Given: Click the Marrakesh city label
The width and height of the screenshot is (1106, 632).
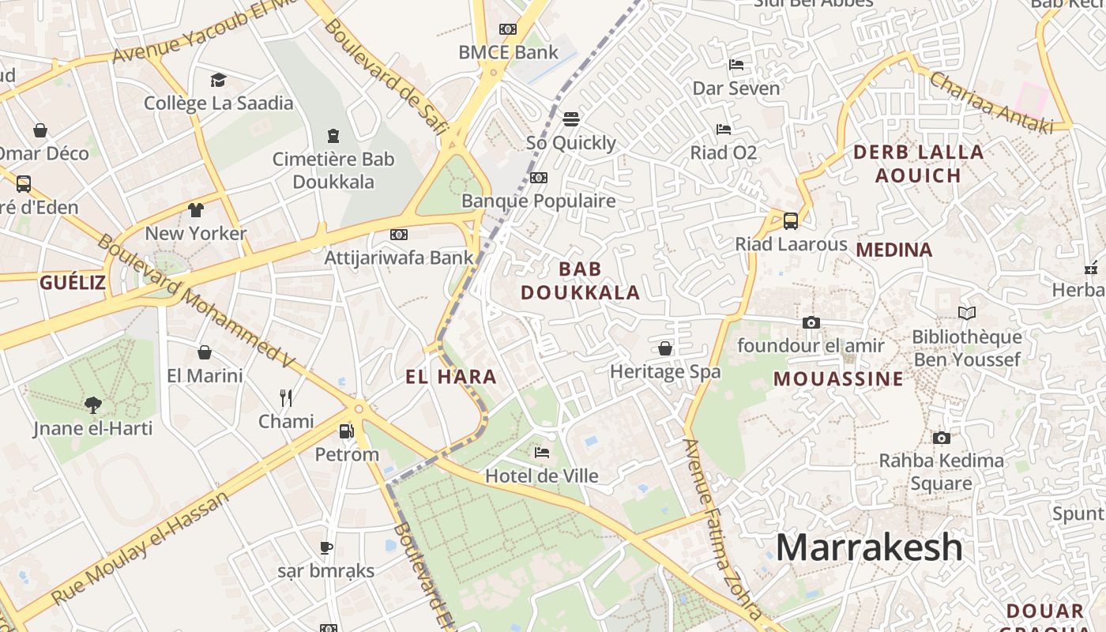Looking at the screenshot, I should click(x=869, y=547).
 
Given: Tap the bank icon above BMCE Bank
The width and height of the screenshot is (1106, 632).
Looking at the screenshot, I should click(x=508, y=29).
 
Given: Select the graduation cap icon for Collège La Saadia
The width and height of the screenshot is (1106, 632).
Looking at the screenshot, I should click(x=218, y=80).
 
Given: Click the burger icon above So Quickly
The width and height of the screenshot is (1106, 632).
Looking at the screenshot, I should click(x=571, y=119).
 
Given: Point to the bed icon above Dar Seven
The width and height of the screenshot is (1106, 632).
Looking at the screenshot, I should click(x=736, y=65).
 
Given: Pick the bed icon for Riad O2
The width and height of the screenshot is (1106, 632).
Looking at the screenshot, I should click(x=723, y=130).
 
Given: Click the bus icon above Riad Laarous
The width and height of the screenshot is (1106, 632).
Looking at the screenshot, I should click(x=790, y=220).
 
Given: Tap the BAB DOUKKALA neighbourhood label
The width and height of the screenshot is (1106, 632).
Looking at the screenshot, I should click(x=580, y=280).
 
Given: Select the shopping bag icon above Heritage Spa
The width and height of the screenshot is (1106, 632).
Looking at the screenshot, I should click(x=665, y=348).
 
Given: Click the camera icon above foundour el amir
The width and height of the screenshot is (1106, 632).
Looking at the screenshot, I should click(x=811, y=322).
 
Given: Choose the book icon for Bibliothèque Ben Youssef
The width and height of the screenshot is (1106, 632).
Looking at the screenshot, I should click(x=966, y=314).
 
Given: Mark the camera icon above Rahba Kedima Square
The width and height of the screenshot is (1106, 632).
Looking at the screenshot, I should click(x=941, y=438).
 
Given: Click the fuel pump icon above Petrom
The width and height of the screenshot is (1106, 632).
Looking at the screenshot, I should click(x=346, y=431).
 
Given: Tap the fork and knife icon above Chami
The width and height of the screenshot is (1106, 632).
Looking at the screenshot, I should click(x=286, y=397).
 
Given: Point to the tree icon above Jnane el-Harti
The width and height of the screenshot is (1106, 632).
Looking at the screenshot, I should click(x=93, y=405).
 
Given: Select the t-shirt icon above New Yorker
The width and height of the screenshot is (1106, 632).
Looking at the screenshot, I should click(x=196, y=210).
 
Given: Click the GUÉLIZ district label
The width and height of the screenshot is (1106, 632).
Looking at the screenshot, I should click(x=73, y=282).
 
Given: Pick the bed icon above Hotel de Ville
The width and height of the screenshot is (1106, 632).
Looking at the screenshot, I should click(x=542, y=453).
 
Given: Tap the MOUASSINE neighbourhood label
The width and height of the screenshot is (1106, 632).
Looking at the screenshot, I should click(x=838, y=378).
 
